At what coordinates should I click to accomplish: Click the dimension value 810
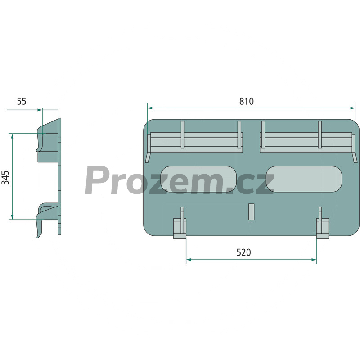(x=246, y=101)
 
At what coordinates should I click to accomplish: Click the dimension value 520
(x=243, y=252)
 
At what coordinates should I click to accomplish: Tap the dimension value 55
(x=22, y=101)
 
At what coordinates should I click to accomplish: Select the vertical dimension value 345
(x=5, y=177)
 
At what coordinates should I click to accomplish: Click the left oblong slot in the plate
(x=198, y=179)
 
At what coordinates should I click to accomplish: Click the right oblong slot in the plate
(x=304, y=179)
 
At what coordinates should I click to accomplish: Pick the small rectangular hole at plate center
(x=252, y=211)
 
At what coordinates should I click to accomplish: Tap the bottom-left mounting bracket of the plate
(x=180, y=224)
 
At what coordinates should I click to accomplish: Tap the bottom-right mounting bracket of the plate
(x=323, y=224)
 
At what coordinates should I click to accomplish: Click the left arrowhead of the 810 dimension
(x=150, y=108)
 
